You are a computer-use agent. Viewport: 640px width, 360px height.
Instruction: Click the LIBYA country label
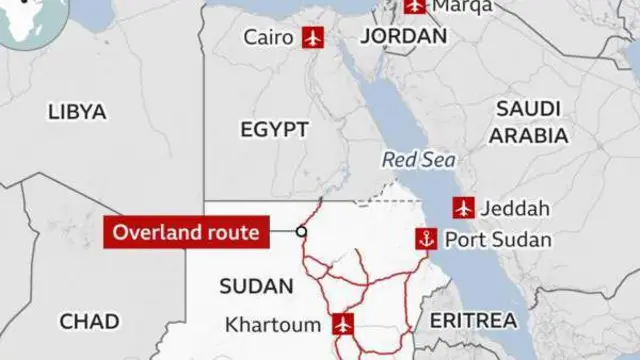coord(76,112)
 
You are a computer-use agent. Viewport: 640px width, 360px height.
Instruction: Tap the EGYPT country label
coord(274,129)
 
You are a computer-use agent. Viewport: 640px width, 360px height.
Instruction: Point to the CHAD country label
coord(89,322)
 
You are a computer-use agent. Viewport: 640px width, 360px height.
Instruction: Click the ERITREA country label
coord(474,320)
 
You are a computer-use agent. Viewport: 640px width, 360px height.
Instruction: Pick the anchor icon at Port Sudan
coord(427,239)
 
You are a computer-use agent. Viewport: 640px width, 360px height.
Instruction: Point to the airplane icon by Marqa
coord(414,6)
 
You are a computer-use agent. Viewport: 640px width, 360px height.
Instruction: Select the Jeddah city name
coord(515,209)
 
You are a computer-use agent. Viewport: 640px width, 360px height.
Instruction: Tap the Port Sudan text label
coord(496,240)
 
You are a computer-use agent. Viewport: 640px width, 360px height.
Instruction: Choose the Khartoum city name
coord(272,325)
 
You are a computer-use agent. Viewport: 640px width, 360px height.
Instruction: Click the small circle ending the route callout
coord(301,233)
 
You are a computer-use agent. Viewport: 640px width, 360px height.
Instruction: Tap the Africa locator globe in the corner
coord(20,20)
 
